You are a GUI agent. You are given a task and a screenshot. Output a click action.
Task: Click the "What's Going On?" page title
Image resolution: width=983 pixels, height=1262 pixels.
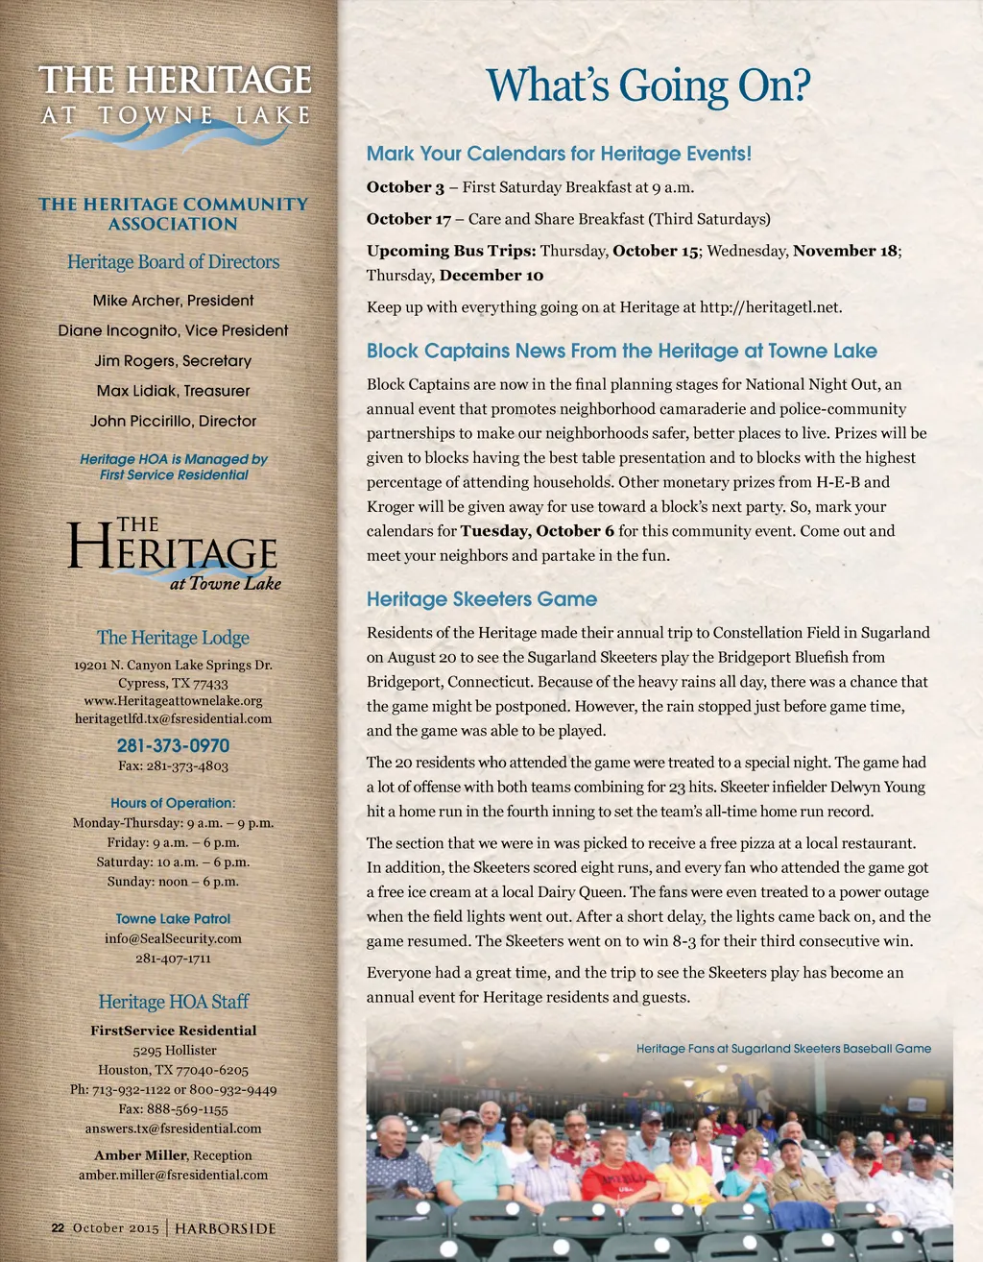click(648, 85)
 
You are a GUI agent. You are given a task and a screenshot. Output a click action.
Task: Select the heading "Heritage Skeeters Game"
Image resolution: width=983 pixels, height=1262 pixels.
click(482, 599)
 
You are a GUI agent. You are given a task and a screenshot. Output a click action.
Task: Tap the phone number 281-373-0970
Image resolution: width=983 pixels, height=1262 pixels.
click(173, 745)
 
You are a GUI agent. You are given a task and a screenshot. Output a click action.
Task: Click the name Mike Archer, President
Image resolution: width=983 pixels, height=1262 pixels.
click(173, 301)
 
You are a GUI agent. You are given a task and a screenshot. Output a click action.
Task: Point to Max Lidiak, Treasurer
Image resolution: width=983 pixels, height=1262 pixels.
click(173, 391)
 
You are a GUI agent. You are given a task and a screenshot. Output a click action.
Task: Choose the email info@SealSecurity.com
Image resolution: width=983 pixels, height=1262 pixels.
click(173, 938)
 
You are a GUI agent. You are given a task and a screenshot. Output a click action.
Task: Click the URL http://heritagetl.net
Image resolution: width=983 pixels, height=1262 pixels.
click(770, 307)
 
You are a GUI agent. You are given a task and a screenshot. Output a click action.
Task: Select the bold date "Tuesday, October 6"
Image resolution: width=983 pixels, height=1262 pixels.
click(537, 531)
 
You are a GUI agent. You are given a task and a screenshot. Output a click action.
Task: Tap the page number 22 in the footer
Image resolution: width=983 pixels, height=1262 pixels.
click(58, 1228)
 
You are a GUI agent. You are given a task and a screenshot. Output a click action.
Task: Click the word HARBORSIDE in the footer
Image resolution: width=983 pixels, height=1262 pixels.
click(225, 1228)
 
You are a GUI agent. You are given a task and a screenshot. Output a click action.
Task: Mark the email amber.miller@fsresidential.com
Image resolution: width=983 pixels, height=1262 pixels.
click(173, 1175)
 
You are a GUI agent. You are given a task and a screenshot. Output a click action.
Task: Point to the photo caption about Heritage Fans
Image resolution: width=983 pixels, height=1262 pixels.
click(783, 1049)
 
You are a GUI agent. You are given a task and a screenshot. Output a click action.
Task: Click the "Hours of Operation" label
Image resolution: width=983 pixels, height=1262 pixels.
click(173, 803)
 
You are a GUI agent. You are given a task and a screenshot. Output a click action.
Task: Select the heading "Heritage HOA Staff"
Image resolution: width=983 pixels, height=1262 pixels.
click(173, 1002)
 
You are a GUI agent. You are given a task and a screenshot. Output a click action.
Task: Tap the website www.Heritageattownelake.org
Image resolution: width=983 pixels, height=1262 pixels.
click(173, 701)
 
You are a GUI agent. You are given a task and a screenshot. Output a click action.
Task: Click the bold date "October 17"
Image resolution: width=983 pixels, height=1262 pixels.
click(409, 219)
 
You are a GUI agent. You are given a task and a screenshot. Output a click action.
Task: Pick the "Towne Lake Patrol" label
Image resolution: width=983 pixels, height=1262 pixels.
click(173, 919)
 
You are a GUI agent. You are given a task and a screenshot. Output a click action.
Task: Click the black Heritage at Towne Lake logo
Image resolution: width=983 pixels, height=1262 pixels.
click(173, 555)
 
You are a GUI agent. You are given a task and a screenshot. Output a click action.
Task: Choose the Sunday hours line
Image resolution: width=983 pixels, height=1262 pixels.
click(173, 882)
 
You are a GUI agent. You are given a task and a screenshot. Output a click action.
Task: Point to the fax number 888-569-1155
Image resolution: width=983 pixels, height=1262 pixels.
click(173, 1109)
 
